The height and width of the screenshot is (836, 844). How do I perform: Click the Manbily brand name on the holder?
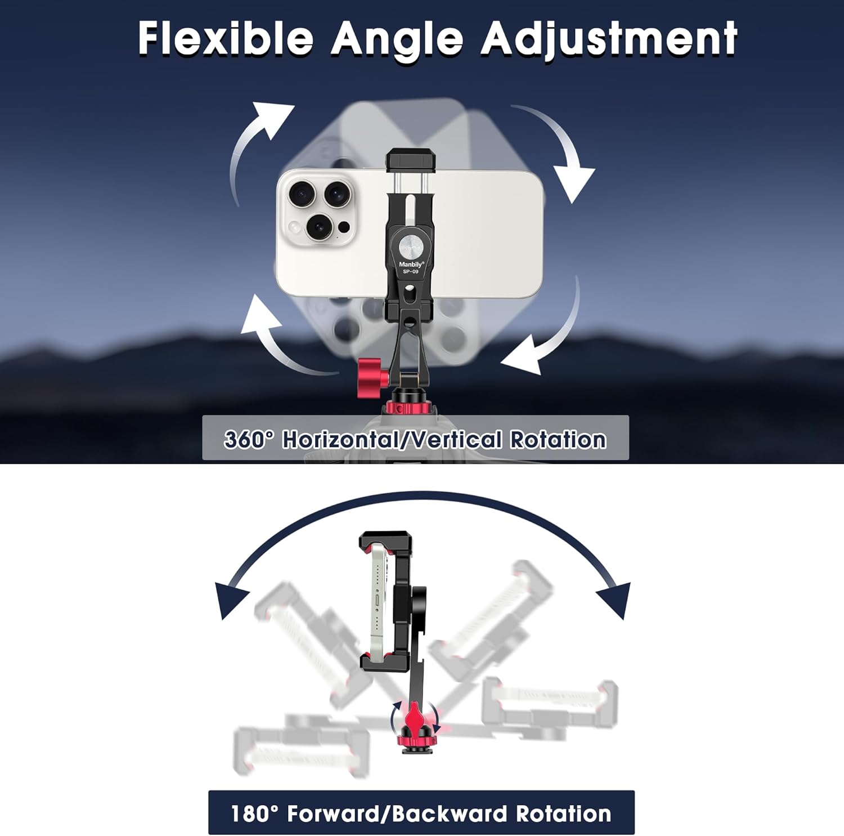(411, 264)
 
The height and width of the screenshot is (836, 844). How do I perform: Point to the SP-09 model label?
(410, 272)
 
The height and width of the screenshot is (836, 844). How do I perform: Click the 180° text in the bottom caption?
(254, 813)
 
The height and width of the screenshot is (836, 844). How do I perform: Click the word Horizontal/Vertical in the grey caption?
(391, 439)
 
